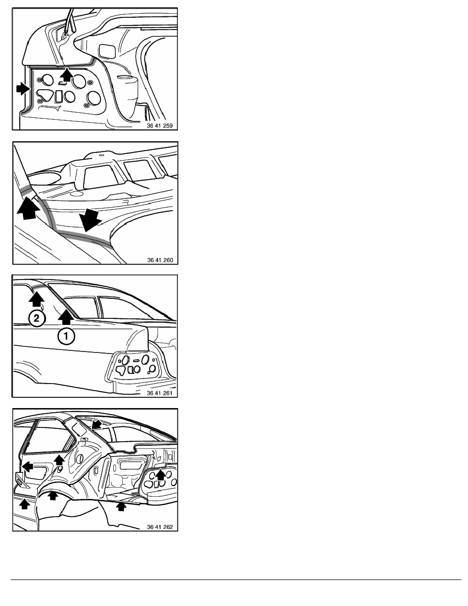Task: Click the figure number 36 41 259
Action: coord(160,125)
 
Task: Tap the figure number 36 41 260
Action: coord(160,260)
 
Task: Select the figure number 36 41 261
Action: coord(160,393)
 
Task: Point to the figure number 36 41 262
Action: coord(160,527)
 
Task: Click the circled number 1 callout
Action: coord(66,336)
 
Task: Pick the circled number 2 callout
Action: coord(37,318)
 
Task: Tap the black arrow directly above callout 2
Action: coord(36,299)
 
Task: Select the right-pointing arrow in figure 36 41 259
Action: coord(23,90)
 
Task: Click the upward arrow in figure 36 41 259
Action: coord(67,74)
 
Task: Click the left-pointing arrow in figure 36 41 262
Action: coord(28,466)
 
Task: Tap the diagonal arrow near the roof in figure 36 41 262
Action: coord(96,424)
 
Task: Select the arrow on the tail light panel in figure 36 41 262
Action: coord(160,474)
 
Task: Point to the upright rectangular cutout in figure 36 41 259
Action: coord(59,96)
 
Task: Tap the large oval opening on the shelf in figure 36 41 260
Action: coord(43,179)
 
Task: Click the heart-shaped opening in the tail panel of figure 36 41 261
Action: coord(121,370)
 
